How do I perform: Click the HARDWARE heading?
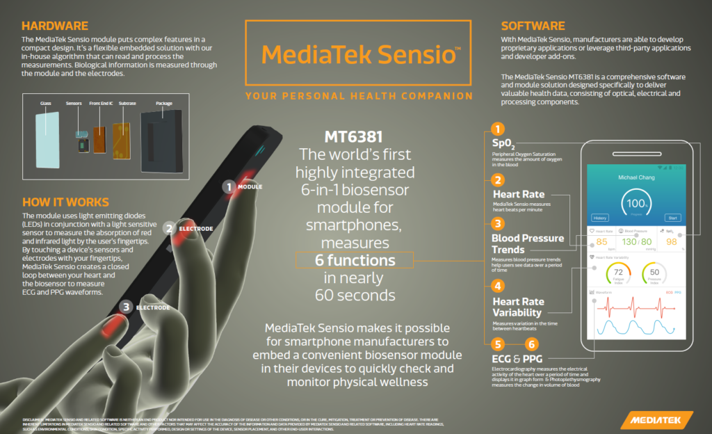[x=54, y=26]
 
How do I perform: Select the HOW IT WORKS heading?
[x=66, y=202]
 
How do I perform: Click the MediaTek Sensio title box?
[x=359, y=55]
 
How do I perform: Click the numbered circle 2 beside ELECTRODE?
[x=169, y=227]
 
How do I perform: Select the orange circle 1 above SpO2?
[x=497, y=129]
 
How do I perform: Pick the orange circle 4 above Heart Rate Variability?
[x=497, y=285]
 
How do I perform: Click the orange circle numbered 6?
[x=531, y=344]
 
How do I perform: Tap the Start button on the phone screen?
[x=672, y=217]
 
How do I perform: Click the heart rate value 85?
[x=602, y=242]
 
